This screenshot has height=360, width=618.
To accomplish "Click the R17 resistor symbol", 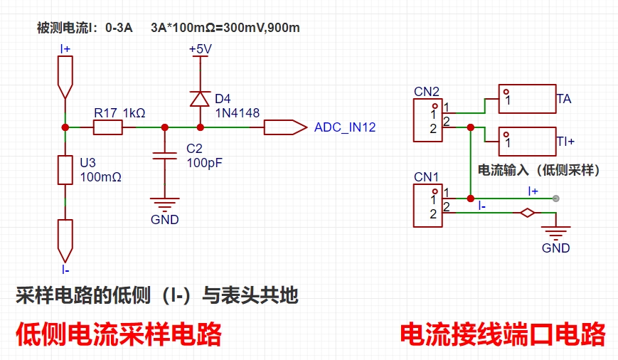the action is tap(107, 127).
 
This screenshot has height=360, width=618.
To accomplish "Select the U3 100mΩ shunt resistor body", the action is tap(65, 170).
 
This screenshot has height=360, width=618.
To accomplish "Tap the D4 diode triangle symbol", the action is tap(200, 99).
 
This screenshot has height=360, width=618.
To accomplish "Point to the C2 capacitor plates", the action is tap(165, 156).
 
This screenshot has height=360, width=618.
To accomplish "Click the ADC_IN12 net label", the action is tap(345, 127).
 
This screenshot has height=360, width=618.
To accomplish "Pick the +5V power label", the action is tap(201, 49).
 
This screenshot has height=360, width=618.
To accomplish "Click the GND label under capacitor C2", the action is tap(165, 220).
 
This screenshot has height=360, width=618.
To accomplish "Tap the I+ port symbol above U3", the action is tap(65, 77).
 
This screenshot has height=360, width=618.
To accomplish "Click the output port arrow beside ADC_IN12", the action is tap(285, 127).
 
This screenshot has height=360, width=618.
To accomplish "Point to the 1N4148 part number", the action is tap(238, 113).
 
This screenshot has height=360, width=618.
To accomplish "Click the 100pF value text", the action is tap(205, 163).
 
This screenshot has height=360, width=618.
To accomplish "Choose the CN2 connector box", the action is tap(427, 120).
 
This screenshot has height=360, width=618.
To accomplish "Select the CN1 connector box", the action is tap(427, 206).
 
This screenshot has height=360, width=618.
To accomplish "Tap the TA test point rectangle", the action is tap(528, 99).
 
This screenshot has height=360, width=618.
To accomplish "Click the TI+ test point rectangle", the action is tap(528, 142).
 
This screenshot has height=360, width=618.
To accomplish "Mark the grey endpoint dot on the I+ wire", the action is tap(555, 198).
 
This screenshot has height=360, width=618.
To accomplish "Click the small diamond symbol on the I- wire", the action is tap(528, 213).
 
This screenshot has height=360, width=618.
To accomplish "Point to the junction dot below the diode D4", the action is tap(201, 127).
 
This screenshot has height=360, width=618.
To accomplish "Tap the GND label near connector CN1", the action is tap(555, 248).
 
